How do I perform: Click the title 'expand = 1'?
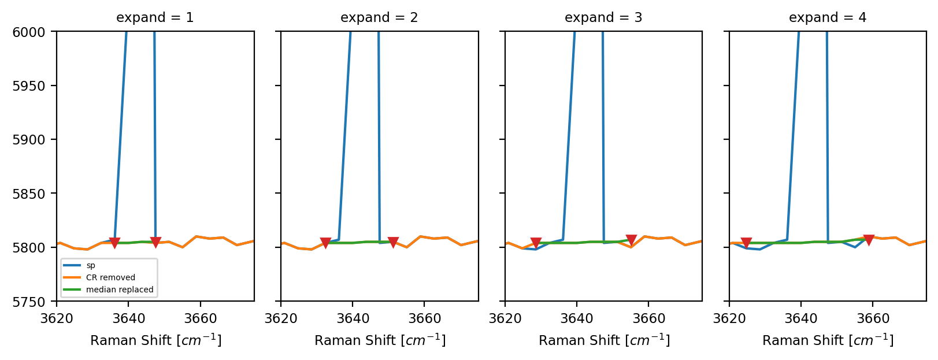pos(155,17)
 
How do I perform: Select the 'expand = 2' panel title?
pos(379,17)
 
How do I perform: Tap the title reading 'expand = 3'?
pos(603,17)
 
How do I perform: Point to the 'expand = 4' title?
pos(828,17)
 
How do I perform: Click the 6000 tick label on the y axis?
pos(28,32)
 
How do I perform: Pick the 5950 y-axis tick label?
pos(28,86)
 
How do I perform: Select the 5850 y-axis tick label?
pos(28,194)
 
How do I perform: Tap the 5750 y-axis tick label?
pos(28,302)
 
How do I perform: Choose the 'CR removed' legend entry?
pos(110,277)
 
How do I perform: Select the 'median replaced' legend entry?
pos(120,290)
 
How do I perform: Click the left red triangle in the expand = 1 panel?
pos(114,243)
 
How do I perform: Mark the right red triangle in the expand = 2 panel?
pos(394,242)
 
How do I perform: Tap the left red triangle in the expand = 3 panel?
pos(536,243)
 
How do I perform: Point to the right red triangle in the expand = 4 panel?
pos(869,240)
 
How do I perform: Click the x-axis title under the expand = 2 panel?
pos(380,340)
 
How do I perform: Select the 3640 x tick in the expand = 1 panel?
pos(128,319)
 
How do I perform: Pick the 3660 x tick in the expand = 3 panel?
pos(648,319)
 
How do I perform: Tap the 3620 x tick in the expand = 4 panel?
pos(729,319)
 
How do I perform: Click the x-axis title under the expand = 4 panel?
pos(828,340)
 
